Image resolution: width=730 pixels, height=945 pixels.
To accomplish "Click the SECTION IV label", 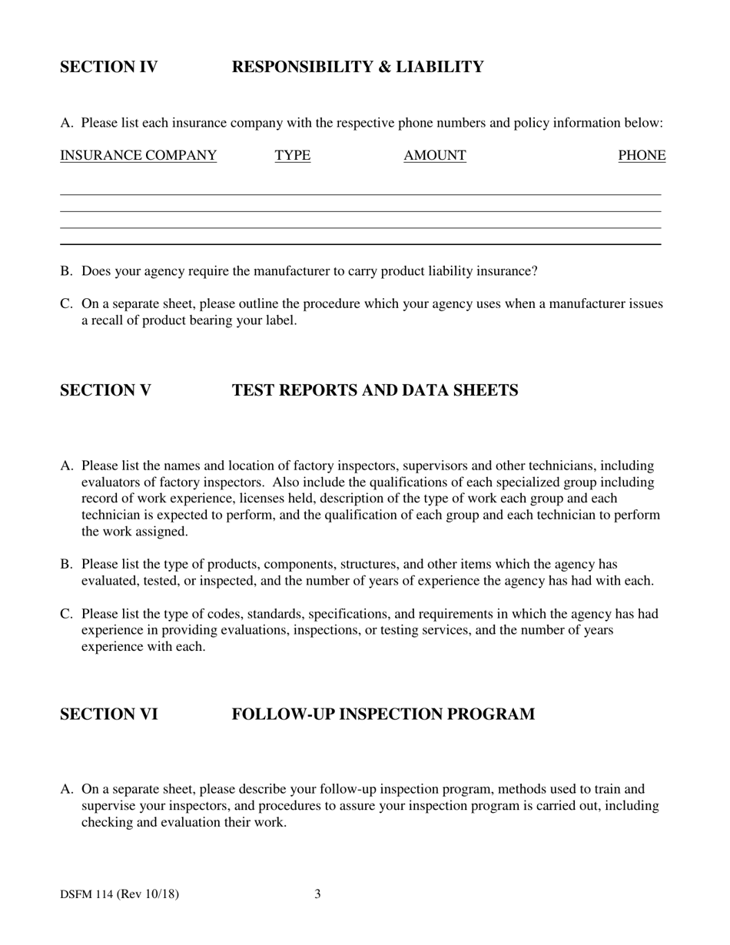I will click(108, 67).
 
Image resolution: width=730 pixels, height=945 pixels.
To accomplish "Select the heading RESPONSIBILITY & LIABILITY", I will click(357, 67).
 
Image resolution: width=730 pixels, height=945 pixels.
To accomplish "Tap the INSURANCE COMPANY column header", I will click(138, 155).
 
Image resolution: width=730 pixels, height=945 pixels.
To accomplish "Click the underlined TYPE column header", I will click(293, 155).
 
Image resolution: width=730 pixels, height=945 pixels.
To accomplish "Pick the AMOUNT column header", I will click(435, 155).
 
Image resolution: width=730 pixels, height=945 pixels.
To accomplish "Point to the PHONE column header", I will click(642, 155).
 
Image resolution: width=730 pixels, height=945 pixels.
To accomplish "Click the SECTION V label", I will click(105, 390).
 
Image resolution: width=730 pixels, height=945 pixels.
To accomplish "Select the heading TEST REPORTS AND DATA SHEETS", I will click(375, 390).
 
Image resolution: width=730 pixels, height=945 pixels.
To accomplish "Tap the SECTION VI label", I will click(108, 715).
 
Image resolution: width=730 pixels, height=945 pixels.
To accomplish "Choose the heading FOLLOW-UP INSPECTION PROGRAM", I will click(383, 715).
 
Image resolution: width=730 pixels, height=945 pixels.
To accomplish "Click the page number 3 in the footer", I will click(317, 894).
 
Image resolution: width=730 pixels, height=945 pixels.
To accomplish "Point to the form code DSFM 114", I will click(87, 894).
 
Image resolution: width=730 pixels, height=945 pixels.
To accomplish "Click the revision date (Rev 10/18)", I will click(148, 894).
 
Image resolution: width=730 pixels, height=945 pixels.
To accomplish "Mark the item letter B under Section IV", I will click(65, 271).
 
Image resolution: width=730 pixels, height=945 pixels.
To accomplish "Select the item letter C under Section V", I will click(65, 614).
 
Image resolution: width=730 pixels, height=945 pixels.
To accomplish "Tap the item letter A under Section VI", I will click(66, 789).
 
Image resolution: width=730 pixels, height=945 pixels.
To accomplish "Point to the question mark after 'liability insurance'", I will click(535, 271).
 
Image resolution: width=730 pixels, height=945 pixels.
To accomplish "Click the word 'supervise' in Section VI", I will click(108, 806).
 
